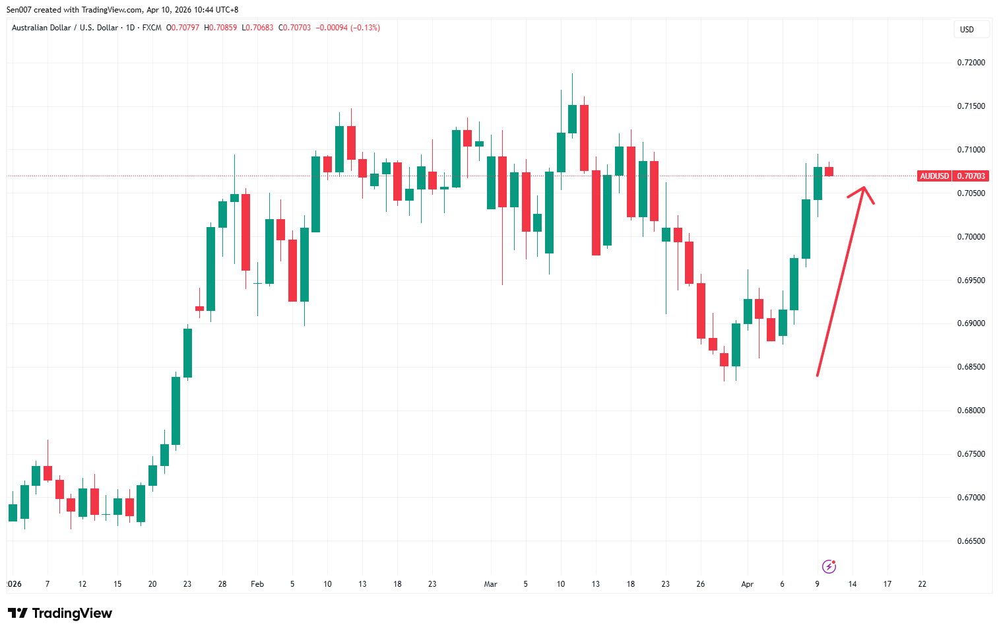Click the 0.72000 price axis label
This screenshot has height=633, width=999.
(x=971, y=63)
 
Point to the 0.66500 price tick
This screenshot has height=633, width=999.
(x=971, y=541)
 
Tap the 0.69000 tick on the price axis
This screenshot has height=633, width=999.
(x=971, y=323)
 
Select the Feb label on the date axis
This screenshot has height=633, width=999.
(x=257, y=584)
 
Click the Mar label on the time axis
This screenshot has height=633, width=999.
(x=490, y=584)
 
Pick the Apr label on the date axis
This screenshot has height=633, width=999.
(x=747, y=584)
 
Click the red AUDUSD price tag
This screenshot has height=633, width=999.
(x=934, y=176)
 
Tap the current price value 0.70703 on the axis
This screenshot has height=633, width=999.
(x=971, y=176)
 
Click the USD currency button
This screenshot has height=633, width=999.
(x=967, y=30)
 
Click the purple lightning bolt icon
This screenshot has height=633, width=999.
(x=829, y=566)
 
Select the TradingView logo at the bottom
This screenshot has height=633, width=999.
(x=60, y=613)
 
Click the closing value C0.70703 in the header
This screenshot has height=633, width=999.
(x=295, y=28)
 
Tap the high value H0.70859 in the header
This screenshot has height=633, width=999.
(x=220, y=28)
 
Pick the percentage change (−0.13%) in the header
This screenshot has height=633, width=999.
(x=365, y=28)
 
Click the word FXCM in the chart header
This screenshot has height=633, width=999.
(x=152, y=28)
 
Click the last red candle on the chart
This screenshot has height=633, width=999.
(x=829, y=172)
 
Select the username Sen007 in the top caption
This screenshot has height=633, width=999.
(x=19, y=10)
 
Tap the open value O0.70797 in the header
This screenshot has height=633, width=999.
(x=183, y=28)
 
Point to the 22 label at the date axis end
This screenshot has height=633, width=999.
(x=922, y=584)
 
